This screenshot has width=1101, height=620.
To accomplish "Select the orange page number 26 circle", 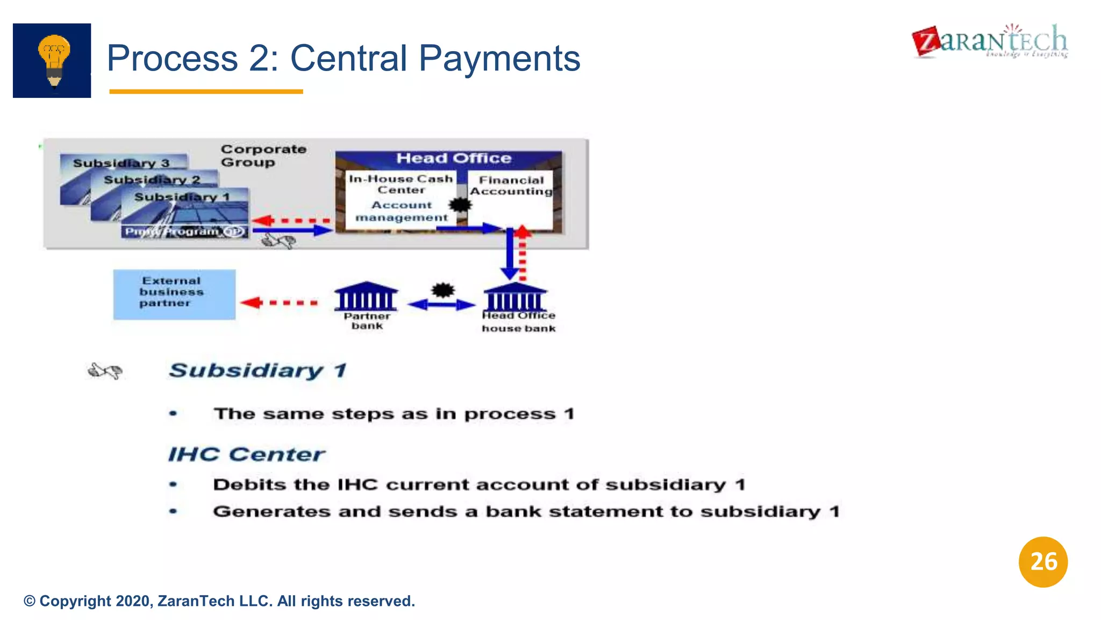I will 1043,562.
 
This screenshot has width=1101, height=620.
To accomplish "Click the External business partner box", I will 174,294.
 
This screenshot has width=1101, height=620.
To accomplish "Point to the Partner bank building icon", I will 366,297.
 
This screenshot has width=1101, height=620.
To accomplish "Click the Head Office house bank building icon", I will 515,297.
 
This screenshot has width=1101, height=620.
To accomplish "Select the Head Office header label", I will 454,158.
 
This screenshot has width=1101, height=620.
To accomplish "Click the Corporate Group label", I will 263,156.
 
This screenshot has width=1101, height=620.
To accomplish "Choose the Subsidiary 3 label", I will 121,163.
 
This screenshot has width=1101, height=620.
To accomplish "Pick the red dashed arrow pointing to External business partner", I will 280,302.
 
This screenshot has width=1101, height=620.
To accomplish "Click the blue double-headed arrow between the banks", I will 441,305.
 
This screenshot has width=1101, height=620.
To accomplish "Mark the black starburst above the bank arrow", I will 443,291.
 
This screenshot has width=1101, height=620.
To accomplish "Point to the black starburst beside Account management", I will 460,205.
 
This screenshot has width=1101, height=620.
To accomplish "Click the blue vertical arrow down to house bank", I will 509,253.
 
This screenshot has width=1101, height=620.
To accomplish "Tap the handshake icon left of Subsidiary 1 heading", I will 105,371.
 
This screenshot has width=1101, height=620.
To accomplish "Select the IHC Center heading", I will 246,454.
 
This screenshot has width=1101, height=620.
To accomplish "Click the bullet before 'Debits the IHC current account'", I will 173,484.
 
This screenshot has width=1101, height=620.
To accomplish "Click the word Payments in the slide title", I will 499,58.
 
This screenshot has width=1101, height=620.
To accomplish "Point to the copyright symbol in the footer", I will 30,601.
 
